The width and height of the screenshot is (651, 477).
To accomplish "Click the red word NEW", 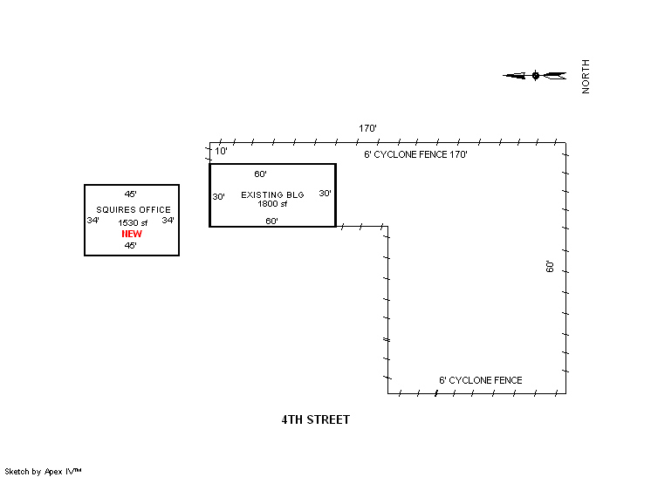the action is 132,234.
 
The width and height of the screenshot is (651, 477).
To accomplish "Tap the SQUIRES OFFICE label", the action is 134,210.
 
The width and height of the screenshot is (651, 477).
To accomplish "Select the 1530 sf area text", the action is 133,222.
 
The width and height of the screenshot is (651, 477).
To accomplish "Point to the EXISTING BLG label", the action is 272,195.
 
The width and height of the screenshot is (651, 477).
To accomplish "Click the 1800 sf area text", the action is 272,204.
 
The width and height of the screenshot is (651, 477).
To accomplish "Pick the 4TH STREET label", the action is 316,419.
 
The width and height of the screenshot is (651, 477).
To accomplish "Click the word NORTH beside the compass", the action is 586,77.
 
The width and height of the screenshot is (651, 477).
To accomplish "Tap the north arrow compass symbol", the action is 535,76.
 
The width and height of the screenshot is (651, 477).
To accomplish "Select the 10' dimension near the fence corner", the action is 221,151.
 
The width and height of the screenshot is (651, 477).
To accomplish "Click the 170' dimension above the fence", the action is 367,128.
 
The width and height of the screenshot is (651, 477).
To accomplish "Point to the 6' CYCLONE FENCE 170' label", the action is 415,154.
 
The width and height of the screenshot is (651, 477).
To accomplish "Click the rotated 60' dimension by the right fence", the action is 550,267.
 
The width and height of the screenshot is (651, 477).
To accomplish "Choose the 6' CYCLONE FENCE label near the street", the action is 480,380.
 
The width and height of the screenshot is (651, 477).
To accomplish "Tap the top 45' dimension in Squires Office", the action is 130,194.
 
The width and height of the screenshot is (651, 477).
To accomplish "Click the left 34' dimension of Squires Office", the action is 93,221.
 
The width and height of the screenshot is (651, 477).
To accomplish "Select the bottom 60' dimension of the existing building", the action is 271,221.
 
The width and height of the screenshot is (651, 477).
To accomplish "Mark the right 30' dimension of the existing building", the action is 325,194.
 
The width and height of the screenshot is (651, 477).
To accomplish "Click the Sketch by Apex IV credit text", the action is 43,472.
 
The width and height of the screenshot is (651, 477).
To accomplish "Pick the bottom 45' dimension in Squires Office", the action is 130,246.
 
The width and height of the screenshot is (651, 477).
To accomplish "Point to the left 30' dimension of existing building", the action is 219,196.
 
